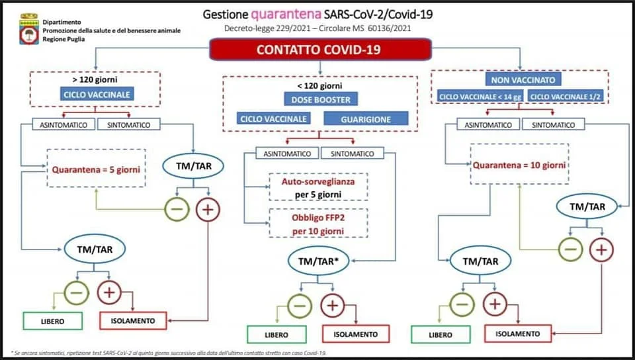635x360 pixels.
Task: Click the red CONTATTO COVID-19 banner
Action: pyautogui.click(x=320, y=50)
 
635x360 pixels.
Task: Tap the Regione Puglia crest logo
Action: pyautogui.click(x=28, y=28)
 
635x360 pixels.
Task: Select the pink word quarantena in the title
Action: pyautogui.click(x=286, y=15)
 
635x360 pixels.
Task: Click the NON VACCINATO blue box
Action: pyautogui.click(x=523, y=79)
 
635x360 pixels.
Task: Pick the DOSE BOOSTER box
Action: pyautogui.click(x=321, y=100)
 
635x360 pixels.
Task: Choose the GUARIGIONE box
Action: pyautogui.click(x=366, y=119)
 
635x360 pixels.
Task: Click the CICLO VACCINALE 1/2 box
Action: pyautogui.click(x=566, y=97)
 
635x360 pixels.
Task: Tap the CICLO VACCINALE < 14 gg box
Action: pyautogui.click(x=481, y=97)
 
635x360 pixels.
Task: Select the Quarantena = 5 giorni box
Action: pyautogui.click(x=96, y=169)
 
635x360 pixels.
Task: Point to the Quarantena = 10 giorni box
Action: pyautogui.click(x=519, y=164)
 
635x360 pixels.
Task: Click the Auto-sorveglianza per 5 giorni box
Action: pyautogui.click(x=318, y=187)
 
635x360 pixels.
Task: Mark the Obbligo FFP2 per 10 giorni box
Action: pyautogui.click(x=318, y=224)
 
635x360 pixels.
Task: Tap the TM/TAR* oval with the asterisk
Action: pyautogui.click(x=318, y=261)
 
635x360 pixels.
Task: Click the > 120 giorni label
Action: pyautogui.click(x=95, y=79)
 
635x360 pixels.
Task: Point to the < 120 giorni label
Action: pyautogui.click(x=319, y=85)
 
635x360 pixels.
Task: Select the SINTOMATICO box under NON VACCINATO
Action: pyautogui.click(x=553, y=124)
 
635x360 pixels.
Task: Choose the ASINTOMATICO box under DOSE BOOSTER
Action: pyautogui.click(x=287, y=154)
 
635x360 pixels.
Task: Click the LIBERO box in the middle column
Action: pyautogui.click(x=276, y=334)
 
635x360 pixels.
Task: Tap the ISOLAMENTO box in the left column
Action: pyautogui.click(x=133, y=321)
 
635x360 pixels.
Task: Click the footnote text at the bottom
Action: pyautogui.click(x=169, y=353)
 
